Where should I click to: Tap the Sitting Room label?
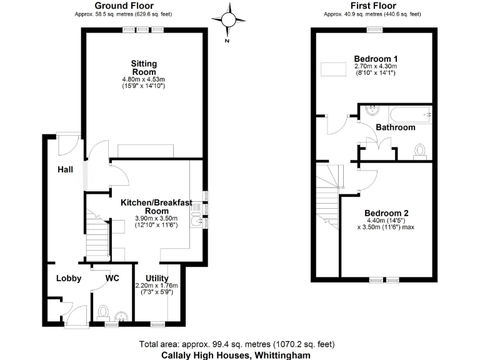144,67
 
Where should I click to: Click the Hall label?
66,169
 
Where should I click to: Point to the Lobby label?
69,278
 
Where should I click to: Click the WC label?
112,278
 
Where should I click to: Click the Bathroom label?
396,127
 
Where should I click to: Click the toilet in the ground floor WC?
104,311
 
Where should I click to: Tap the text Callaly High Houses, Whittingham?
239,354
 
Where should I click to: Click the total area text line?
239,344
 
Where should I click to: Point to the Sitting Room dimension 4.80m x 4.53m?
144,79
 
